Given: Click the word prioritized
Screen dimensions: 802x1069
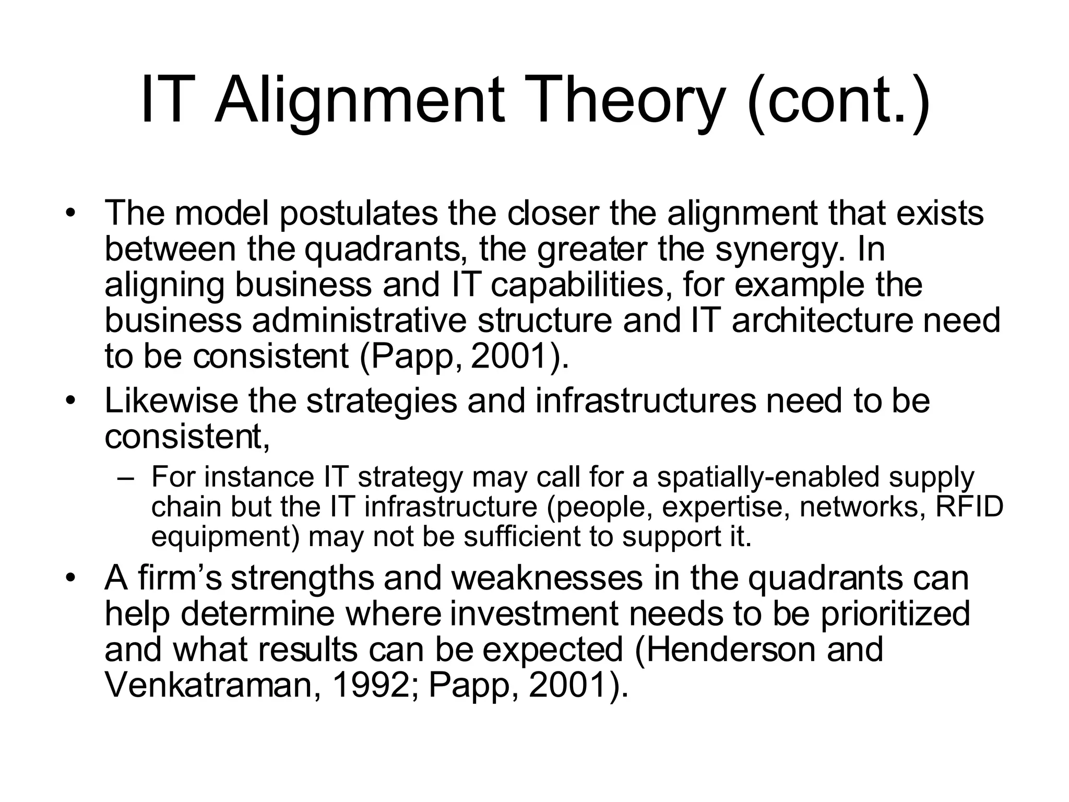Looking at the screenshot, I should coord(895,614).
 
